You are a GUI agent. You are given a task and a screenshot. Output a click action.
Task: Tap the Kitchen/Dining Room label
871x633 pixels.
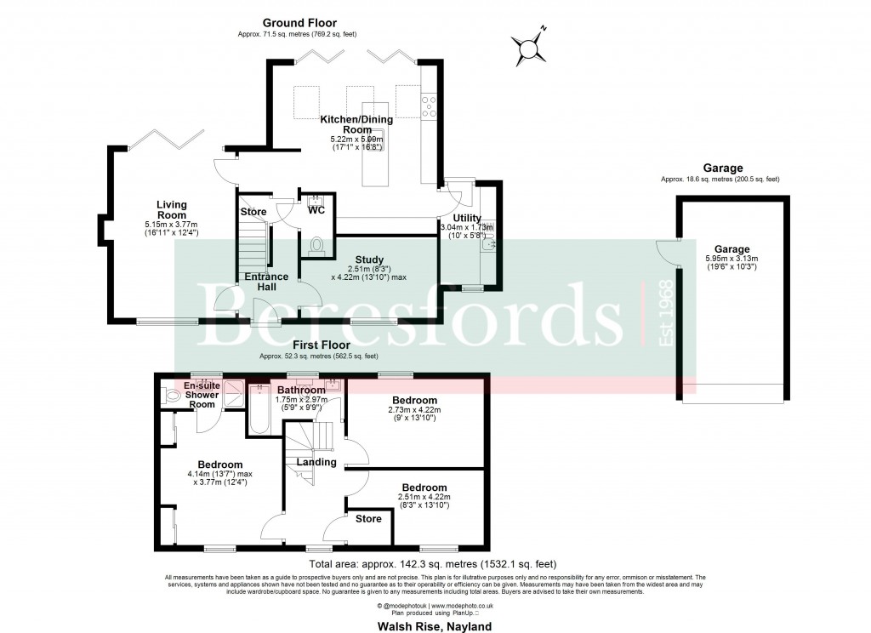(356, 124)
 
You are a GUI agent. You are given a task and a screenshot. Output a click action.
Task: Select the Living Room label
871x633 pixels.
(171, 210)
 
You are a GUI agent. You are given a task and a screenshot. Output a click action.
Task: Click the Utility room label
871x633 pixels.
(466, 219)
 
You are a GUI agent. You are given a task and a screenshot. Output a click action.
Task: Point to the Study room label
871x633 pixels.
(369, 260)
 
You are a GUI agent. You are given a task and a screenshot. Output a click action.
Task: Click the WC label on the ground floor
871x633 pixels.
(316, 208)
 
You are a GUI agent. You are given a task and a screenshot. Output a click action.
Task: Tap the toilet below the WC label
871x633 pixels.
(317, 246)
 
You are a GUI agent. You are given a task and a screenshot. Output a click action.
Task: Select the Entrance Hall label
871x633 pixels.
(266, 282)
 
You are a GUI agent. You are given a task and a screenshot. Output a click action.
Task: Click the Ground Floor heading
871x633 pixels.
(299, 23)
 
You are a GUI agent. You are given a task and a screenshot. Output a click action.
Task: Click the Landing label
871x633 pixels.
(316, 462)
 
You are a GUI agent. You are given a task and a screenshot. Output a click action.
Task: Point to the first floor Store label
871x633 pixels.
(368, 518)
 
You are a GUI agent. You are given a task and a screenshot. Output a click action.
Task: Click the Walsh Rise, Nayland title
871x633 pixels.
(435, 625)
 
